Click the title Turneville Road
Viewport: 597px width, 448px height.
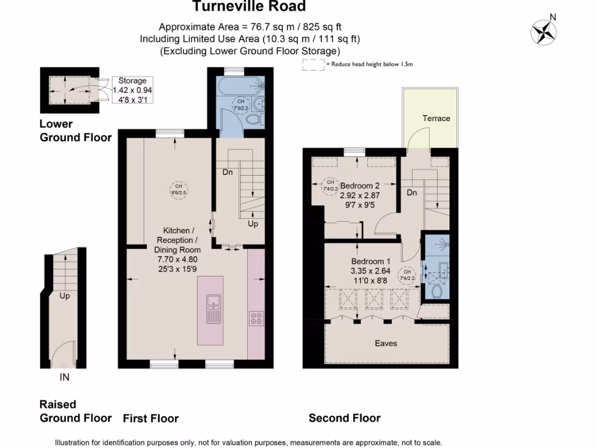(249, 7)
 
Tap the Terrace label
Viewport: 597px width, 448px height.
(436, 118)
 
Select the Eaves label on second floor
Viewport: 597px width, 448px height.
(386, 344)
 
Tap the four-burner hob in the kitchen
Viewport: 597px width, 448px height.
(256, 318)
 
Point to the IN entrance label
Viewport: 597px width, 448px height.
(65, 377)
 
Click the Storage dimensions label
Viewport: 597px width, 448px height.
(132, 90)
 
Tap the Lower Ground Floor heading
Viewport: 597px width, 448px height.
(75, 131)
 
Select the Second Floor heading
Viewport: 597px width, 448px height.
(345, 418)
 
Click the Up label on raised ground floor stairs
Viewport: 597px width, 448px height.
(65, 296)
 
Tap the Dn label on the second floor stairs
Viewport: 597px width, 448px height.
(412, 192)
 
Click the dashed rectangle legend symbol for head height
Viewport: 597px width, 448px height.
(314, 65)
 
